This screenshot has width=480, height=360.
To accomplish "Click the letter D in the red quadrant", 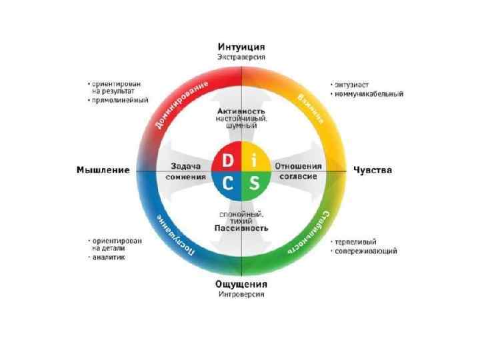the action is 228,162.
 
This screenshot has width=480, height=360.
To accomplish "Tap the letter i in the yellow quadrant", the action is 254,162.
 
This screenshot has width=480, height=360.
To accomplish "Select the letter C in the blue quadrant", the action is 228,183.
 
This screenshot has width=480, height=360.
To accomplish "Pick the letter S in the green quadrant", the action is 254,183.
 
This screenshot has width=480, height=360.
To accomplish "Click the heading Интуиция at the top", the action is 241,47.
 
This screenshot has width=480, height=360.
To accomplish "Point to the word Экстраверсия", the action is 241,57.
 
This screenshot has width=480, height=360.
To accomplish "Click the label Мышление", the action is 102,170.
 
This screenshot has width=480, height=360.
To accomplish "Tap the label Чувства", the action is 373,170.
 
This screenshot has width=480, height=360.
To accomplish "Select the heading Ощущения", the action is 241,283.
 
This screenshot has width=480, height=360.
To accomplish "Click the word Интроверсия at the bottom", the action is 241,294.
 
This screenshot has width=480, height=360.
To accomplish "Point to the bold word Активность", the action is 241,111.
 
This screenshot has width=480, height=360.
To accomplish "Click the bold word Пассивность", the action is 241,228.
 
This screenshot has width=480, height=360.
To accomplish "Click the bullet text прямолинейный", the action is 121,101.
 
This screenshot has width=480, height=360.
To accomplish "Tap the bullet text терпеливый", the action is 357,241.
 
